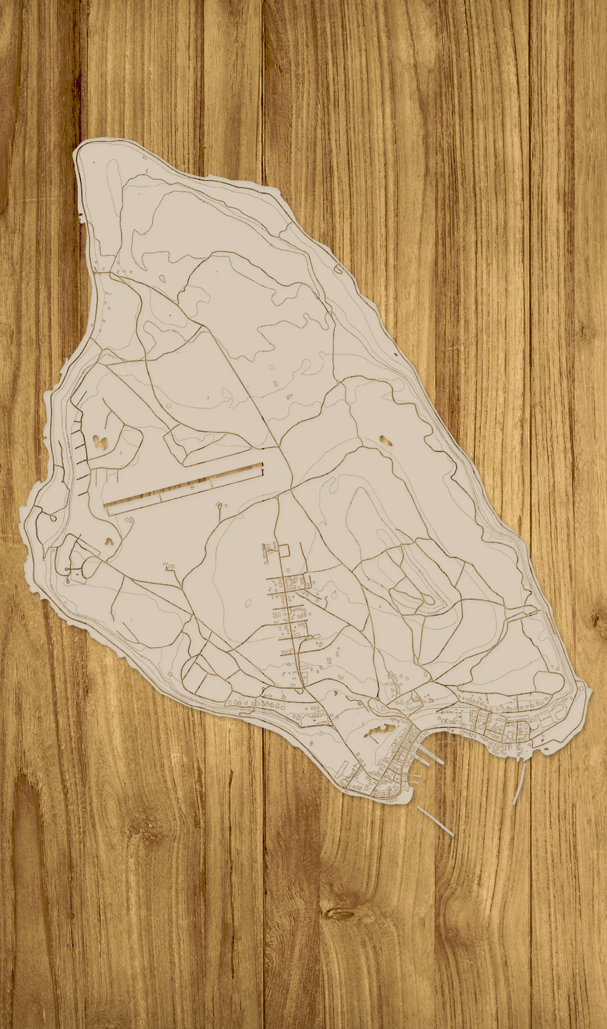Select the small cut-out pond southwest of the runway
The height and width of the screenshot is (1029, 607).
(x=108, y=541)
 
